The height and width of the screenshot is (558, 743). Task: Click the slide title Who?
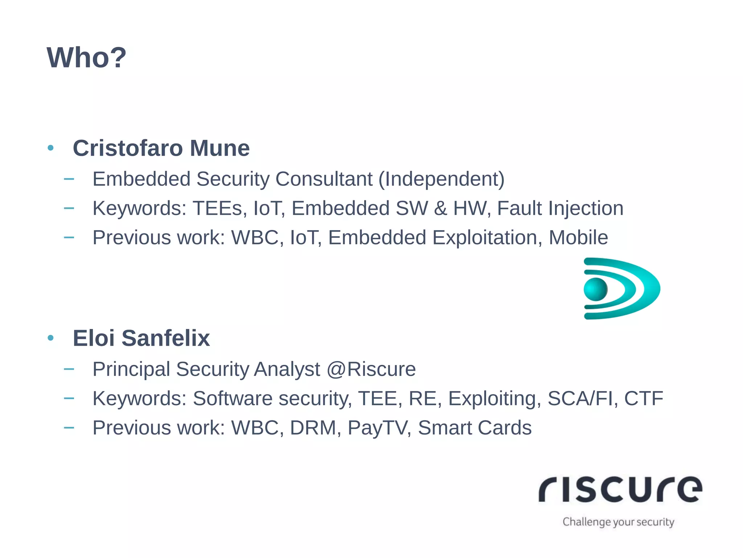click(x=86, y=58)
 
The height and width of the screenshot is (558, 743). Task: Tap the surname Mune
click(x=220, y=148)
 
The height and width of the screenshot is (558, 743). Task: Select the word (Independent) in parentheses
click(x=442, y=179)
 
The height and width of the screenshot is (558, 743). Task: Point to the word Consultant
click(x=324, y=179)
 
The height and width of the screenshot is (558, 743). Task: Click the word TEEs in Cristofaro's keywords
click(x=217, y=208)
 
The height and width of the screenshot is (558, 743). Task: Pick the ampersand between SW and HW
click(x=440, y=208)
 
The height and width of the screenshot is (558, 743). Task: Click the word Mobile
click(x=578, y=238)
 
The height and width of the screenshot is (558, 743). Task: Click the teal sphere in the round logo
click(x=595, y=289)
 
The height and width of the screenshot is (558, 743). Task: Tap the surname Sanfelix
click(x=166, y=338)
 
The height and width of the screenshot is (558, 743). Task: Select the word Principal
click(x=131, y=369)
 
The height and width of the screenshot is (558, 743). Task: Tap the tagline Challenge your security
click(x=618, y=522)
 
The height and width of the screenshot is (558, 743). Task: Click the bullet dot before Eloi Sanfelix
click(x=51, y=338)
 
